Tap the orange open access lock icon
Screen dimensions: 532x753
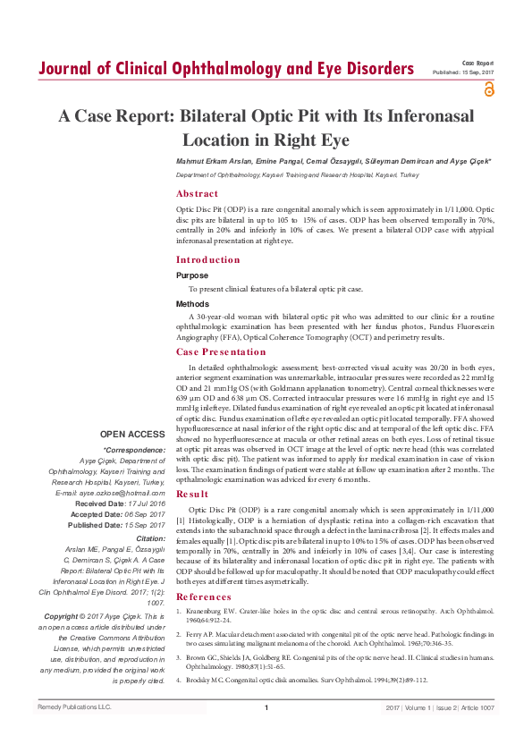(x=488, y=89)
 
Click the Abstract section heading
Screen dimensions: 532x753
(x=196, y=193)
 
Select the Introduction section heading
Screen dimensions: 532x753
(x=207, y=260)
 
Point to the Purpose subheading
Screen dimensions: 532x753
(x=192, y=276)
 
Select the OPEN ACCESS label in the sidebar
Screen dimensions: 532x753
(x=133, y=434)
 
